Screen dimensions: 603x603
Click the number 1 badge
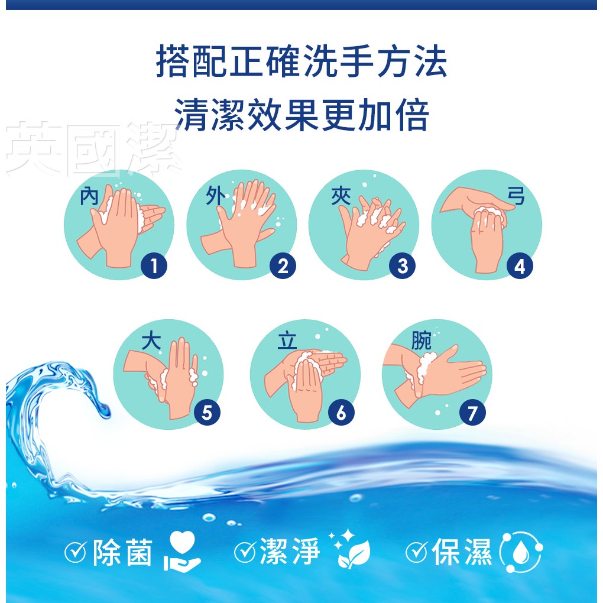[x=154, y=266]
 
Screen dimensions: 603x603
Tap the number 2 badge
[x=283, y=266]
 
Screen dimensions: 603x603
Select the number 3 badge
[x=402, y=266]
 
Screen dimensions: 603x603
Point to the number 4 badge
[x=520, y=266]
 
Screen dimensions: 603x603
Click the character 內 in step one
[x=89, y=196]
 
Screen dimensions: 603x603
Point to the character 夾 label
[x=341, y=196]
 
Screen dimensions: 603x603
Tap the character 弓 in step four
[x=516, y=196]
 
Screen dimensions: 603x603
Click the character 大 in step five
[x=151, y=341]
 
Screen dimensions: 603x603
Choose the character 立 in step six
[x=287, y=341]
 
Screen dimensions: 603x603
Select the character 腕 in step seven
[x=421, y=341]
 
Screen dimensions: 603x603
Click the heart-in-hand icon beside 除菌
[x=181, y=551]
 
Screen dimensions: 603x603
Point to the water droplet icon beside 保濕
[x=521, y=552]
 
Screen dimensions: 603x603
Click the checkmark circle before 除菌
[x=76, y=552]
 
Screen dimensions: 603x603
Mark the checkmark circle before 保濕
[x=417, y=552]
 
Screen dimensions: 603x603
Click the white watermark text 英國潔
[x=93, y=148]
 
